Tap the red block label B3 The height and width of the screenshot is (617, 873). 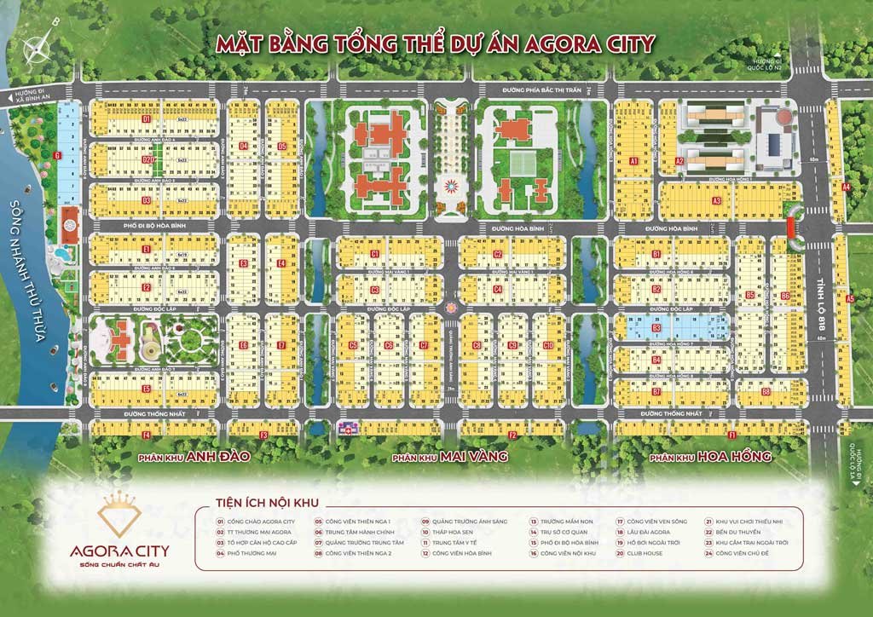(x=656, y=327)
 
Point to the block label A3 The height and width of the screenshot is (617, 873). (x=718, y=200)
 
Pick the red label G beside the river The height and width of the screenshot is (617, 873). (x=56, y=155)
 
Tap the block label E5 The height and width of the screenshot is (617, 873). (x=147, y=389)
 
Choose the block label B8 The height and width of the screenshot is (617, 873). (x=766, y=392)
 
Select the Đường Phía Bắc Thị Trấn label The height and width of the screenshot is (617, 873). (x=530, y=88)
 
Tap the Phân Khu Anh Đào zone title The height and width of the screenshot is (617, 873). (x=194, y=457)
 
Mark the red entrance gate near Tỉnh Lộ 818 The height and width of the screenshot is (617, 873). (x=791, y=226)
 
